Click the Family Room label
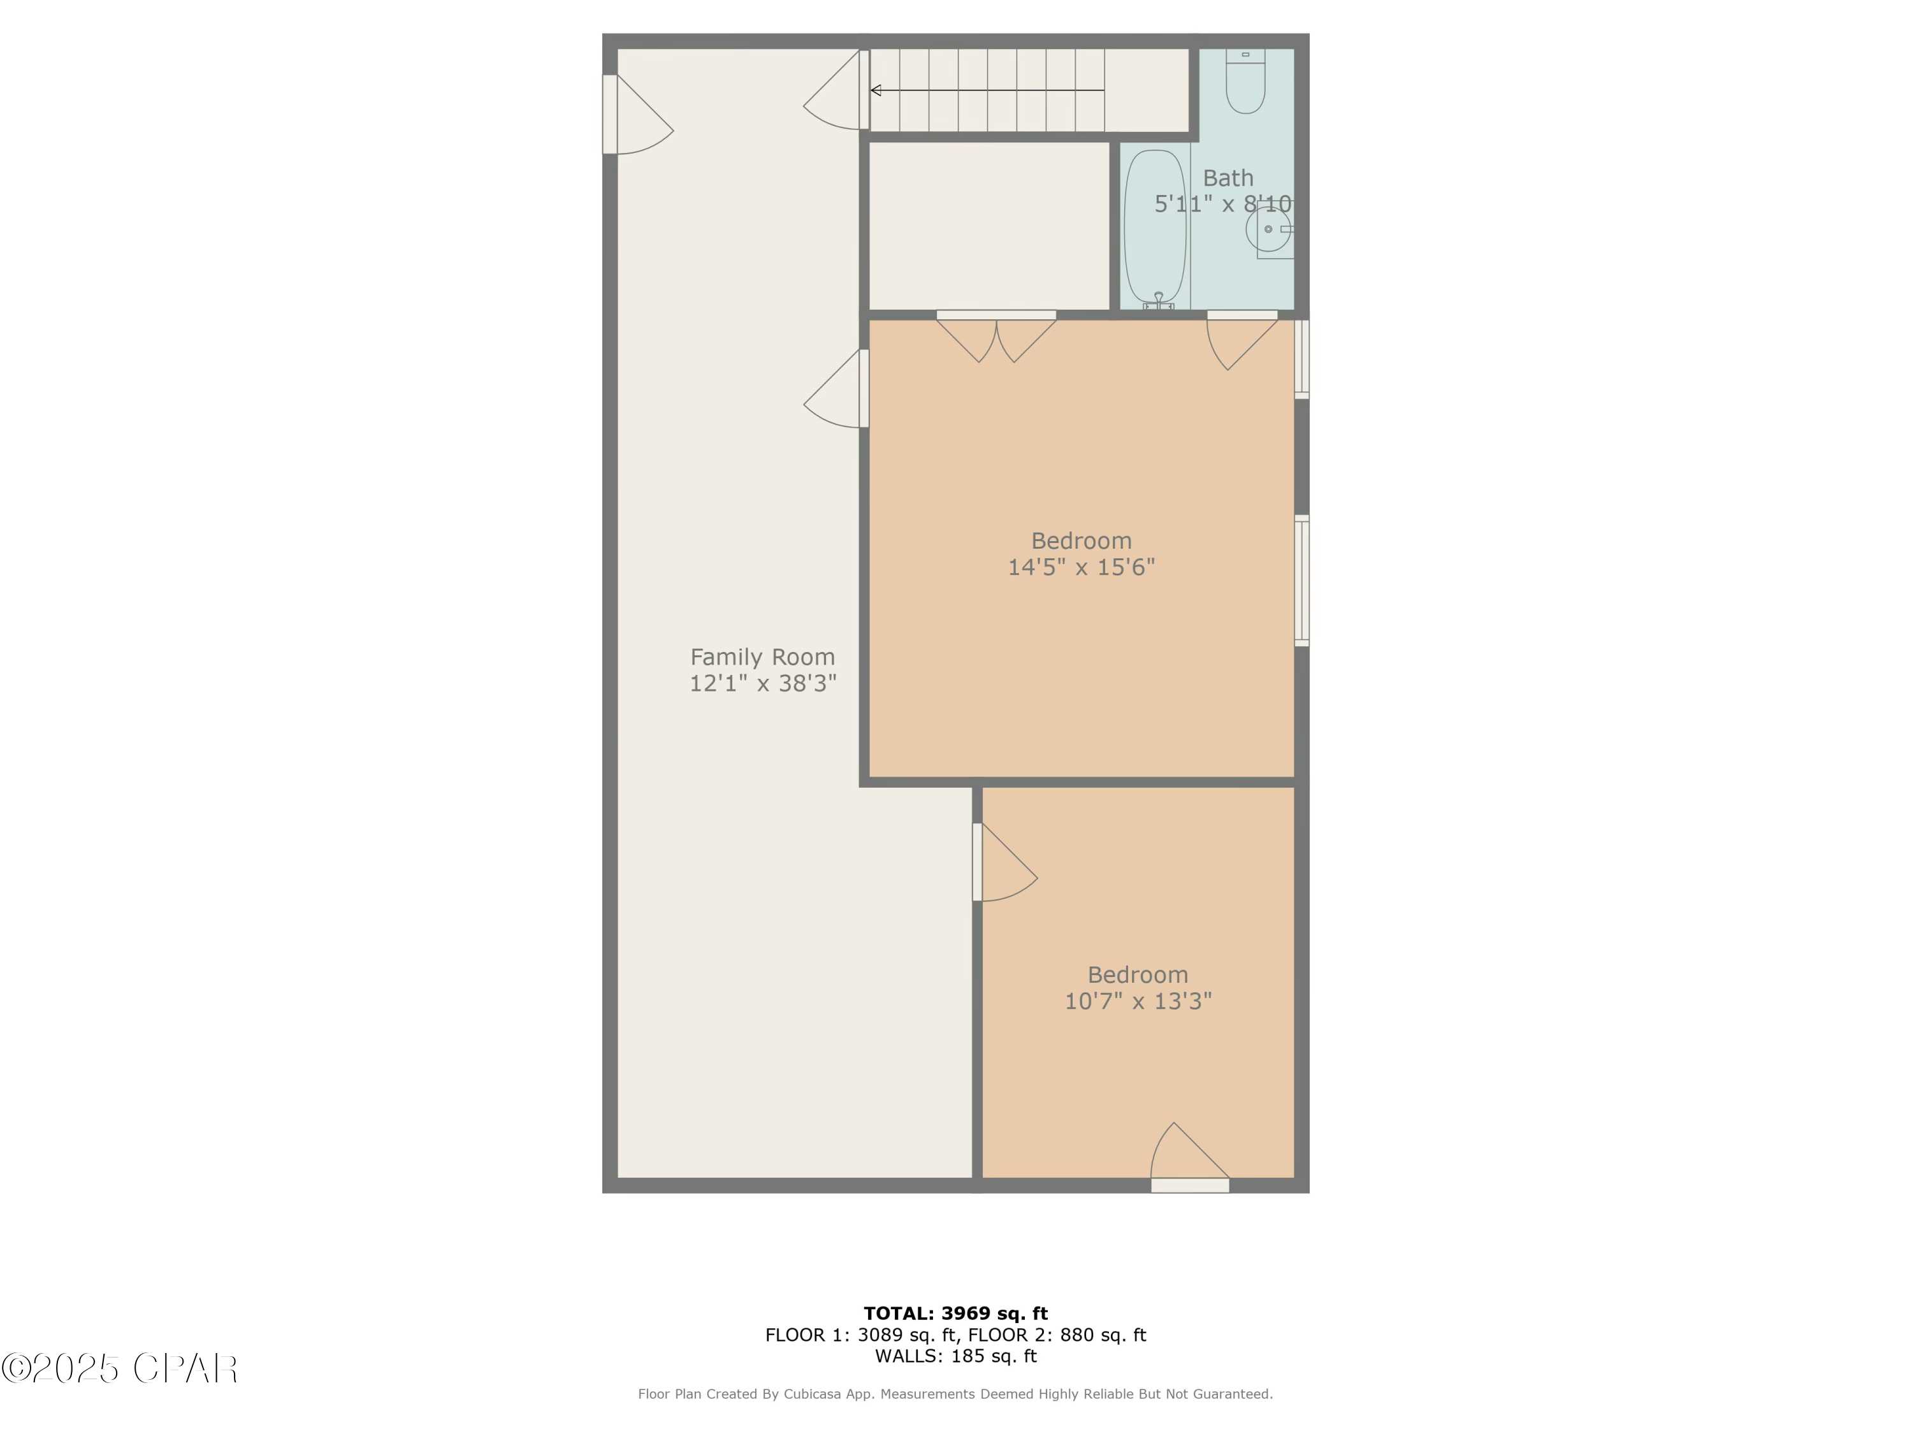tap(762, 657)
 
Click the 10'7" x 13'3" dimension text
tap(1138, 1001)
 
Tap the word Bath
tap(1228, 178)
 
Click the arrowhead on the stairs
tap(876, 90)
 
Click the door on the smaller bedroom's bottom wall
tap(1189, 1158)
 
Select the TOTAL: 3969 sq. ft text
tap(955, 1314)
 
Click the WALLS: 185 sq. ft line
tap(955, 1356)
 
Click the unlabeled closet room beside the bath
tap(988, 225)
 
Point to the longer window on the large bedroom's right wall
tap(1301, 581)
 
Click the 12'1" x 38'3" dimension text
tap(762, 684)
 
